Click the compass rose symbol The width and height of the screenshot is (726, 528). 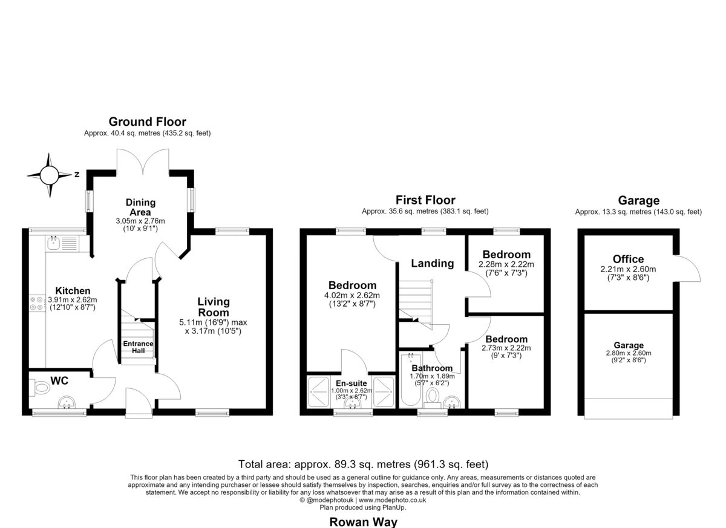coord(49,175)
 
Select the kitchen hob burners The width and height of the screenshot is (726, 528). coord(37,304)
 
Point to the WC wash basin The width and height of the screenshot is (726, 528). coord(67,402)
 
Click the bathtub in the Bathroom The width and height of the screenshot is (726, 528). coord(411,380)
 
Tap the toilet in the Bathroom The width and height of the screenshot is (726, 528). coord(433,398)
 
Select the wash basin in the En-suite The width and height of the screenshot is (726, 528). coord(353,403)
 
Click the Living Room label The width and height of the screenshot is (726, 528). coord(214,307)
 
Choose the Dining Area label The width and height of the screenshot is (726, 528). coord(140,207)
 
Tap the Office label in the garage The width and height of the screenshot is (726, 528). coord(628,259)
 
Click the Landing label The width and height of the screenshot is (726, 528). coord(433,263)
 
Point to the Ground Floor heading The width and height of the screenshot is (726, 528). coord(148,122)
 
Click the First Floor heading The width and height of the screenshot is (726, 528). coord(425,200)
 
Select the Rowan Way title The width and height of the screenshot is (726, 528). coord(364,522)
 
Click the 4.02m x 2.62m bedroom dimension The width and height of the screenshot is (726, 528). coord(352,295)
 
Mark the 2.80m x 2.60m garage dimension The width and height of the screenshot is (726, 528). coord(629,353)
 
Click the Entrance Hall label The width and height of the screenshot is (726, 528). coord(138,347)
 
